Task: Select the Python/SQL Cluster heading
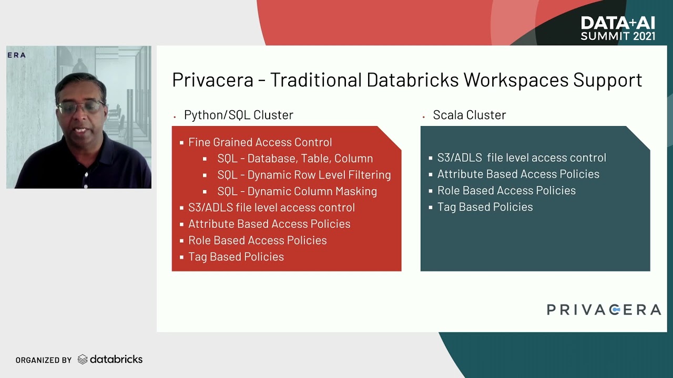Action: (238, 115)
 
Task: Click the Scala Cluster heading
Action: (469, 115)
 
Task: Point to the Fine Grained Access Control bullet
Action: (260, 142)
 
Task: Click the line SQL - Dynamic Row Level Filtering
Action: (304, 175)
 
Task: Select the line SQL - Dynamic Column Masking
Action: (297, 191)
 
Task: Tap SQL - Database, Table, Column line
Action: (295, 159)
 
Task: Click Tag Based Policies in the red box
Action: (236, 257)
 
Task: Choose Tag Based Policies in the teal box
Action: (485, 207)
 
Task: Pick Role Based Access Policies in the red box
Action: (257, 240)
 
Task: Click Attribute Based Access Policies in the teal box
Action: (518, 174)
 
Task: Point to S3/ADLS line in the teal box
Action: (521, 157)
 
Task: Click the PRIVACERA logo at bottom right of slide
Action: (604, 310)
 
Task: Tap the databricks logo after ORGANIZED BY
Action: (110, 360)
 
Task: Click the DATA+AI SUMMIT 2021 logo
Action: (618, 28)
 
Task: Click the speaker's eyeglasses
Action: (80, 108)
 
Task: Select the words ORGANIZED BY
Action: (43, 360)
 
